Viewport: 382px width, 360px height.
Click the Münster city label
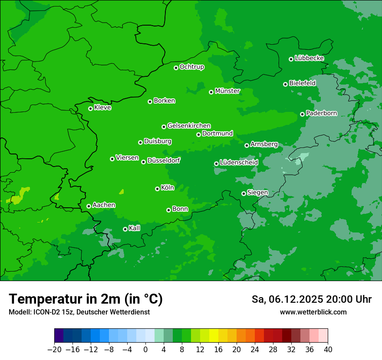pos(227,91)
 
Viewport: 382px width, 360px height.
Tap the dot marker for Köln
pos(157,189)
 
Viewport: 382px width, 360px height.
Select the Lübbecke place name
pos(309,58)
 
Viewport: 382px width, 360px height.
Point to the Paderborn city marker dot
pos(302,114)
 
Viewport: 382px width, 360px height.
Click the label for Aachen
pos(104,205)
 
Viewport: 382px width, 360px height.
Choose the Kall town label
pos(135,228)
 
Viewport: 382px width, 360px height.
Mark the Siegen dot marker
pos(244,193)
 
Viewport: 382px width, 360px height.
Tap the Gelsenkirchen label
pos(189,126)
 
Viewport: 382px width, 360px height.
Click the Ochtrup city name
pos(191,67)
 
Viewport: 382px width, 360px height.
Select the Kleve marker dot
pos(90,108)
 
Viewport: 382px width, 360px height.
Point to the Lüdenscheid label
pos(239,162)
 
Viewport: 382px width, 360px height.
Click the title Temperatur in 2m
pos(86,299)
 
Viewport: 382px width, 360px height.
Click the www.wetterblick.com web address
pos(313,312)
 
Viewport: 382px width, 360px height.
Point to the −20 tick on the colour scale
pos(54,350)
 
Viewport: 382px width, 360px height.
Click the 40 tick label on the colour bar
pos(328,350)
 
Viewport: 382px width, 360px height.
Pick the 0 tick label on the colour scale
pos(145,350)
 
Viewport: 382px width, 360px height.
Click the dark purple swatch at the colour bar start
pos(59,336)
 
